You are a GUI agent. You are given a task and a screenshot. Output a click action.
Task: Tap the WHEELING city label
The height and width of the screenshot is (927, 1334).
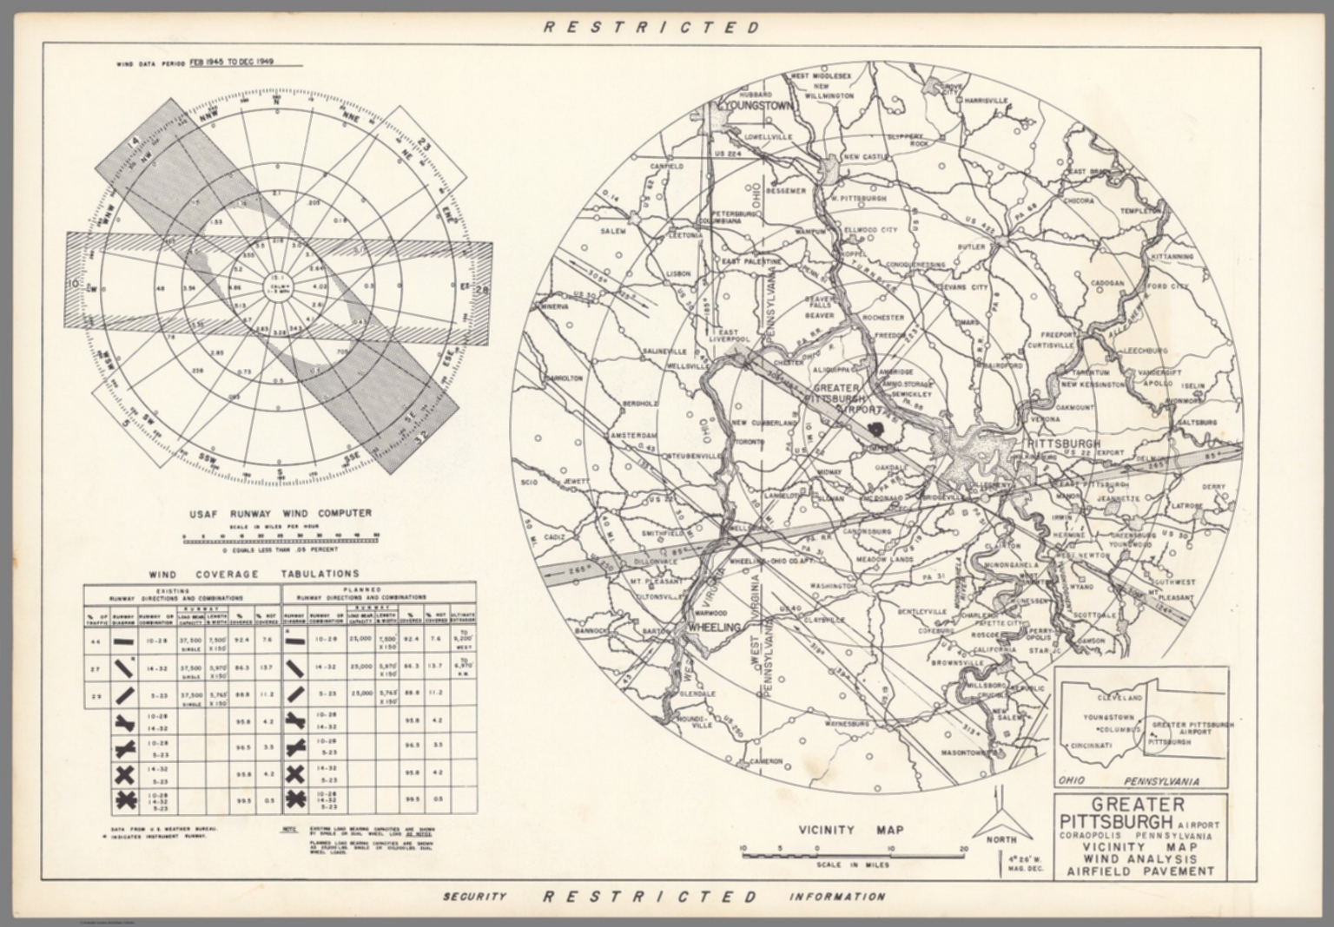pos(713,627)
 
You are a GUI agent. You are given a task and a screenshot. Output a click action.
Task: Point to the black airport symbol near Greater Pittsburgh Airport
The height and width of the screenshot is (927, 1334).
pos(878,428)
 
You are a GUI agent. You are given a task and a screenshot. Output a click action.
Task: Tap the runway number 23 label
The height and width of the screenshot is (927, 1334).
pos(425,144)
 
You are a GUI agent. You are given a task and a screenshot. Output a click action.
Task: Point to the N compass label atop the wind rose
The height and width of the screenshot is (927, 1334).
pos(277,102)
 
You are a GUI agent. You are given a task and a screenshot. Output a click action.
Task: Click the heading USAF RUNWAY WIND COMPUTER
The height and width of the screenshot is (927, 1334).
pos(281,514)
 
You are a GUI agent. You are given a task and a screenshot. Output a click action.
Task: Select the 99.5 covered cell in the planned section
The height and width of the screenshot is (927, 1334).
pos(413,799)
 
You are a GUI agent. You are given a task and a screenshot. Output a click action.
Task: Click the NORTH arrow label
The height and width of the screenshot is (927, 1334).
pos(1001,839)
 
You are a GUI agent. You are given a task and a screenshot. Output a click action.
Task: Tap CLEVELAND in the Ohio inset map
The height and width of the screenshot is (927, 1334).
pos(1119,698)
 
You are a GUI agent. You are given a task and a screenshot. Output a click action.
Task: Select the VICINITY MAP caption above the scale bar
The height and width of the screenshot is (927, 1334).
pos(850,830)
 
